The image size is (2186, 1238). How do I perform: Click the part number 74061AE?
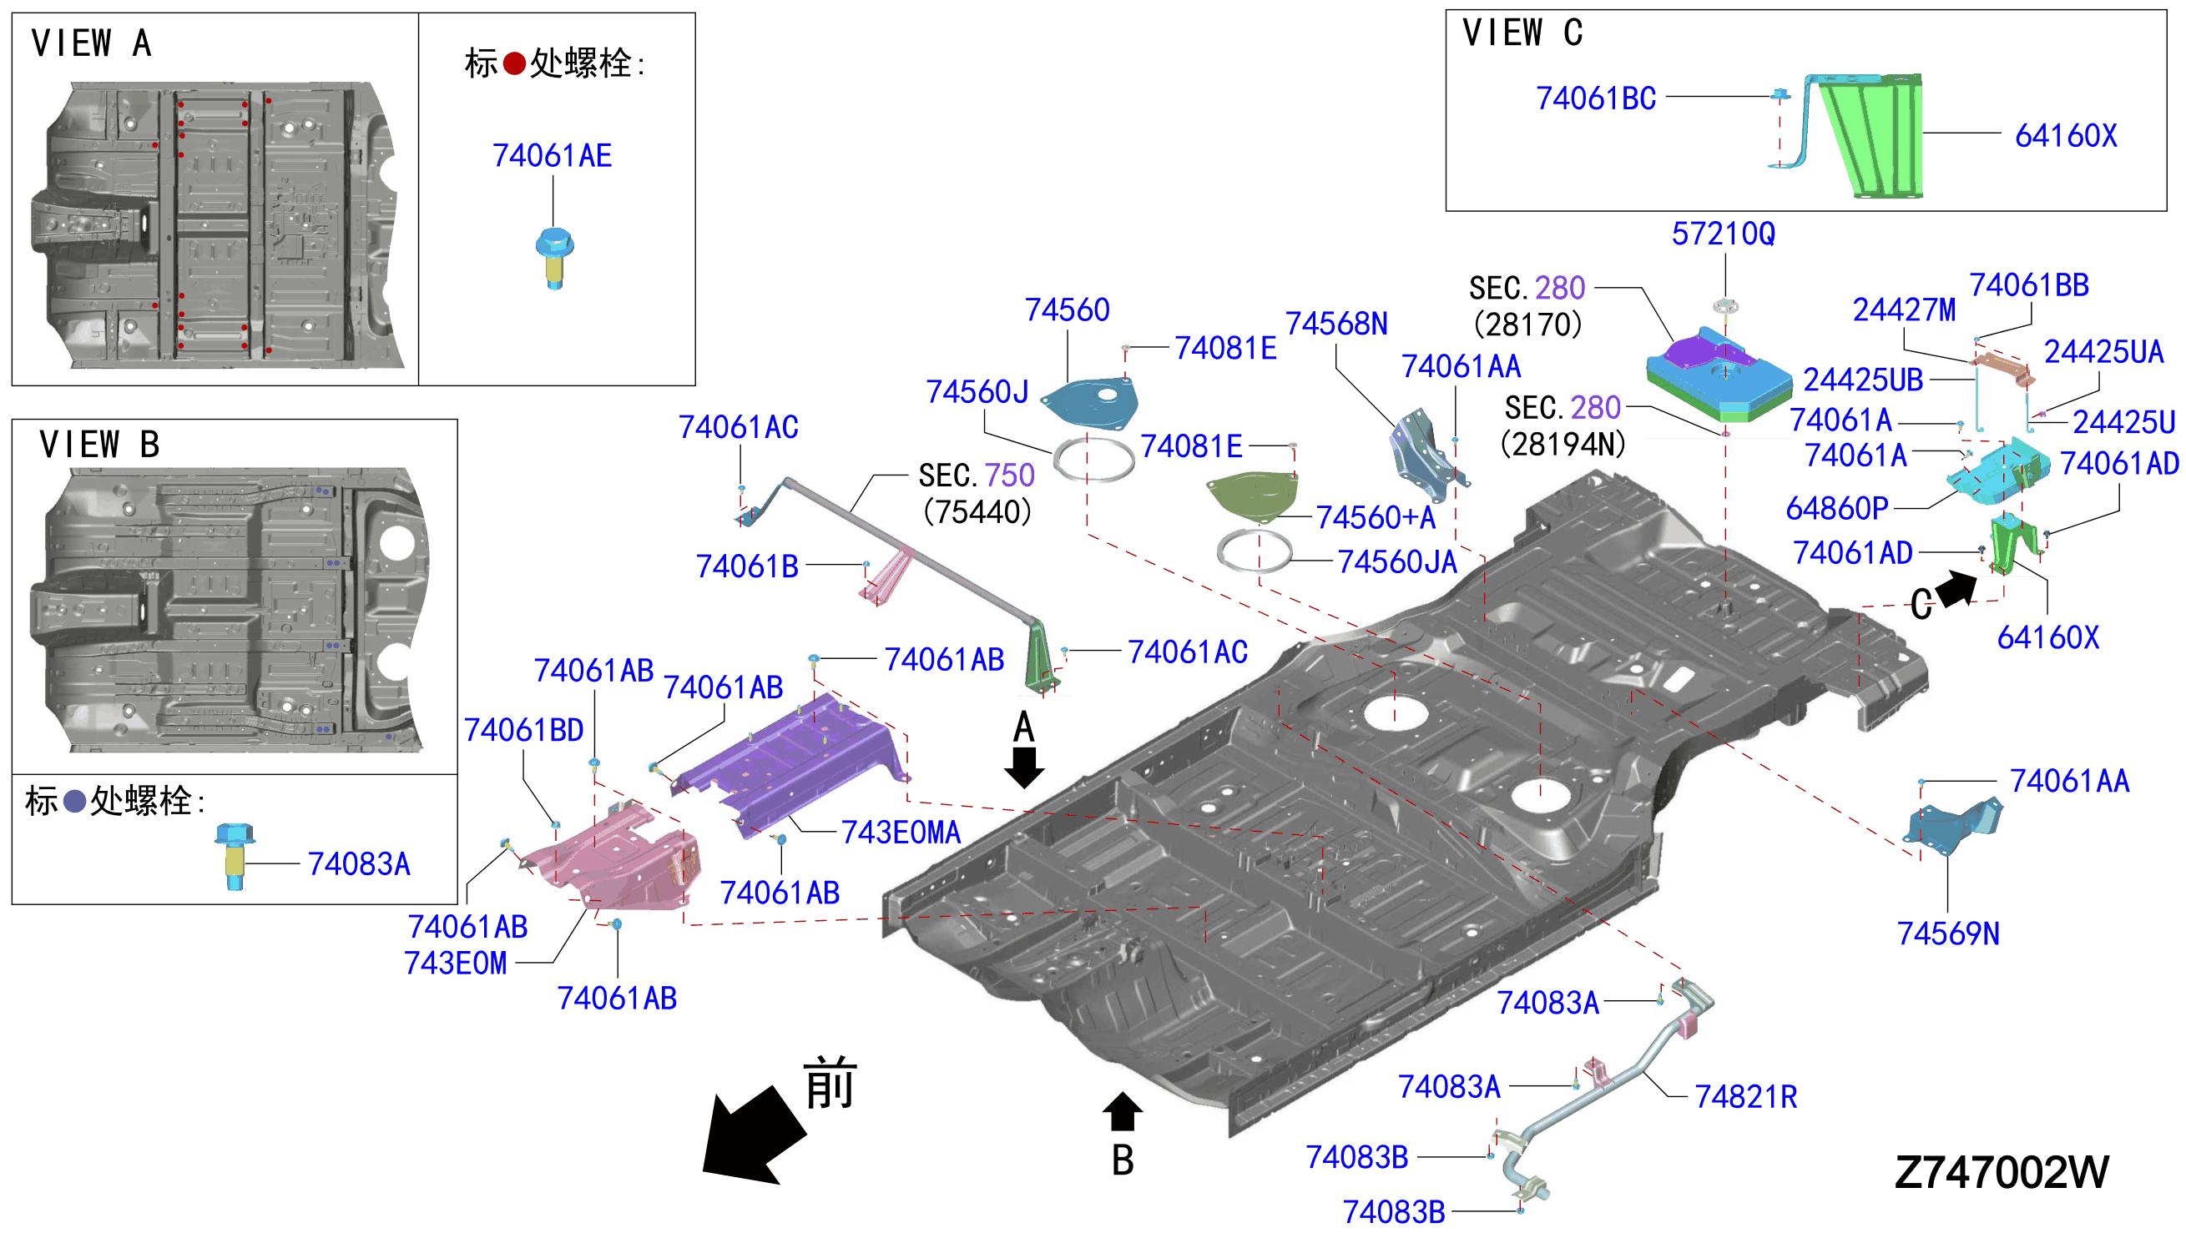[552, 156]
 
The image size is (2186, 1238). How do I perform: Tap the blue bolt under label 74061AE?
[554, 258]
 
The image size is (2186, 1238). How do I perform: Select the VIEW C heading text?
[1522, 33]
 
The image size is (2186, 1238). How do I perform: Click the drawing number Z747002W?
[2002, 1171]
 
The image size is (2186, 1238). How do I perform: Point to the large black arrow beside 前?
[754, 1136]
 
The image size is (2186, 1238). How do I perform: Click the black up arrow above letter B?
[1122, 1111]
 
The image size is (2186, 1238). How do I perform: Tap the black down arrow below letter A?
[1024, 767]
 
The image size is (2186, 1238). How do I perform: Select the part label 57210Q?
[1724, 234]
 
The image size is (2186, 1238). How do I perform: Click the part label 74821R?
[1745, 1097]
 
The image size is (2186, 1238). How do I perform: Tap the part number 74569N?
[1948, 934]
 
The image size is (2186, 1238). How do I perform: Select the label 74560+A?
[1376, 517]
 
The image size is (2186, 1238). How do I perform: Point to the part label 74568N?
[1336, 324]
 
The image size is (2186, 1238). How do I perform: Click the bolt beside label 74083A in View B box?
[235, 855]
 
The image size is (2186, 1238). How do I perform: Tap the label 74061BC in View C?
[1596, 98]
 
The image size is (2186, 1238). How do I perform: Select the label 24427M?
[1904, 310]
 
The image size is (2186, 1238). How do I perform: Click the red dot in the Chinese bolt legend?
[514, 63]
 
